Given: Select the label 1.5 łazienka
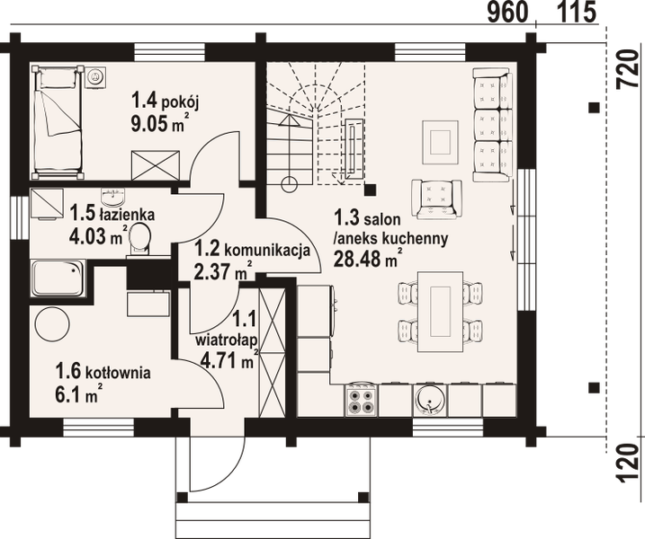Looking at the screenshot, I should (112, 216).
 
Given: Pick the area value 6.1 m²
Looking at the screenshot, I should (79, 393).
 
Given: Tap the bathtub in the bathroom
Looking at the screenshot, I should (58, 278).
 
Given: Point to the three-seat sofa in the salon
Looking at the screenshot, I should (491, 126).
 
